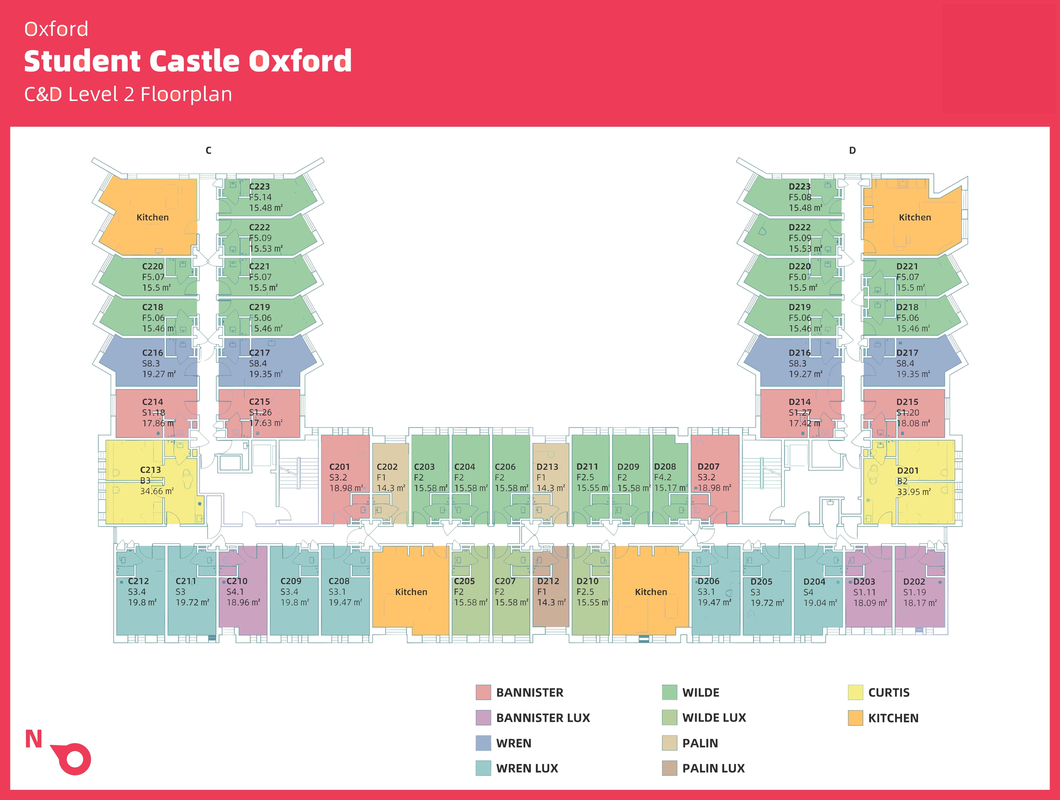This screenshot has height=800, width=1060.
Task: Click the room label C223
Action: point(259,186)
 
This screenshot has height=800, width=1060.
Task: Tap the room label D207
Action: point(708,466)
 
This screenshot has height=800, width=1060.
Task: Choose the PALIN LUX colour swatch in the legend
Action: point(669,768)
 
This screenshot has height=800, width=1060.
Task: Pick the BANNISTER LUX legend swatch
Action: point(483,717)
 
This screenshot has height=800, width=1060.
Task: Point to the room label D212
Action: point(548,581)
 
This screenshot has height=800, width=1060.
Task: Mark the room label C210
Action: point(237,581)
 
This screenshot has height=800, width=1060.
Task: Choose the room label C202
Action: point(387,466)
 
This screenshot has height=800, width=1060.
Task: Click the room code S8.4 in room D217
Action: point(905,363)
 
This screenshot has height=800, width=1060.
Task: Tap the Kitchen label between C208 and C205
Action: point(411,592)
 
